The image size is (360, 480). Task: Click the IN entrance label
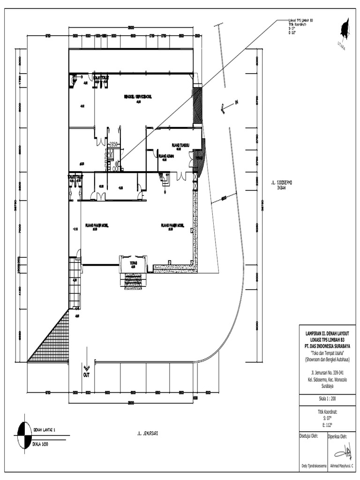pos(236,103)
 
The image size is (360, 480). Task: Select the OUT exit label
pos(86,375)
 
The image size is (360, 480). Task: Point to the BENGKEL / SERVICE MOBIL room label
pos(138,97)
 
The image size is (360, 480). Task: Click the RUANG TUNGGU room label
pos(180,145)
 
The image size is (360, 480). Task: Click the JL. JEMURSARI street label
pos(144,434)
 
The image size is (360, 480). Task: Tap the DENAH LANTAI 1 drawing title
pos(45,429)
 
